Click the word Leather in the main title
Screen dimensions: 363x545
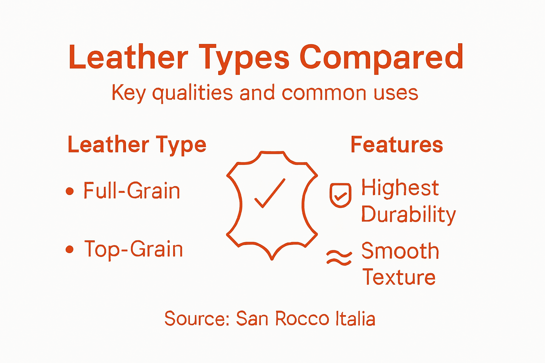[128, 57]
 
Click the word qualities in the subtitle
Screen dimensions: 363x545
[192, 93]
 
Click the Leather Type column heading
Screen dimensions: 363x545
[137, 145]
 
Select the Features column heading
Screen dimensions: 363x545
[397, 145]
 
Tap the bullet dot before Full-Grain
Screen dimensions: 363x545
[70, 191]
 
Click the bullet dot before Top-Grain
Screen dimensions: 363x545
[70, 250]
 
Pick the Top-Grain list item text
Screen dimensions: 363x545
[133, 249]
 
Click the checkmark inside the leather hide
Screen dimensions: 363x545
[270, 193]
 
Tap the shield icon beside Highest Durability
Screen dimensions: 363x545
[340, 195]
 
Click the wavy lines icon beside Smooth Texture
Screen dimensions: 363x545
[339, 258]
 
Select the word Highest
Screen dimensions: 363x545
[400, 188]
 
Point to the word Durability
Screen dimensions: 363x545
[408, 214]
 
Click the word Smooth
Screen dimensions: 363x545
[400, 251]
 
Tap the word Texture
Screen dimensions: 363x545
[399, 277]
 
